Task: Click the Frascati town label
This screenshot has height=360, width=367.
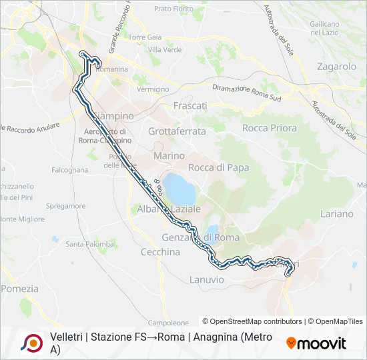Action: (x=190, y=105)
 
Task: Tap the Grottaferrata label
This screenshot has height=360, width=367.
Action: (x=177, y=131)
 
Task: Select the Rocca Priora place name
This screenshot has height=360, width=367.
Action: (x=269, y=128)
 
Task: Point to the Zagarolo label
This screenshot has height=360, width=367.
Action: (x=337, y=67)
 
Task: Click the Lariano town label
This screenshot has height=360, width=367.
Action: (x=337, y=214)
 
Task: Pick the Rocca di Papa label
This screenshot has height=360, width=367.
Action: (x=219, y=168)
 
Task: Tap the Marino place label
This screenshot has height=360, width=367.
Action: (x=169, y=155)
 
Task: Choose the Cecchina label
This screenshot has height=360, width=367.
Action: (x=161, y=252)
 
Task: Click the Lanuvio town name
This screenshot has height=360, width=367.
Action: (x=207, y=279)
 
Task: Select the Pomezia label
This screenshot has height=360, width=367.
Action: (x=19, y=289)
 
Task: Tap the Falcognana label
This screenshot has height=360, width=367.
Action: (x=69, y=170)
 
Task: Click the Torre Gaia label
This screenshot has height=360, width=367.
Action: (x=145, y=37)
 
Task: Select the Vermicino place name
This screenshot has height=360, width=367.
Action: (x=152, y=89)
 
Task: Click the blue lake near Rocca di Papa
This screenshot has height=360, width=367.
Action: (x=179, y=189)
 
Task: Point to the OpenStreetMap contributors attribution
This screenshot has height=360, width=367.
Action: (x=252, y=321)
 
